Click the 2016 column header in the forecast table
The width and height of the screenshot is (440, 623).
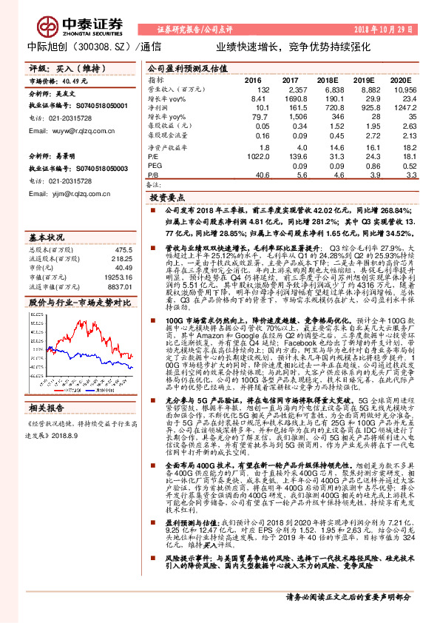coord(254,80)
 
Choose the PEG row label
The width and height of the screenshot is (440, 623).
coord(153,166)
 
